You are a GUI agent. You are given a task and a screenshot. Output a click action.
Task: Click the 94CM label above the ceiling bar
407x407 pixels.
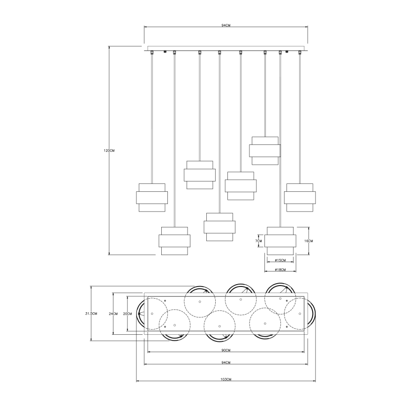[225, 25]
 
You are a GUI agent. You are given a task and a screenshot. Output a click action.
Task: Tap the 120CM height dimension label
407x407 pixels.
[109, 151]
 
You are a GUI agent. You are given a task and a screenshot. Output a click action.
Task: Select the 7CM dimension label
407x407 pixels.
[258, 241]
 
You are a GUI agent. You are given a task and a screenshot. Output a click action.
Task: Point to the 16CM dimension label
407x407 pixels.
[309, 241]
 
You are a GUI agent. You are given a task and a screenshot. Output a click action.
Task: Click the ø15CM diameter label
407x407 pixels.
[279, 260]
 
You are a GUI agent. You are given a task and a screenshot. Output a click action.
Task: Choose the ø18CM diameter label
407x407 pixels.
[279, 270]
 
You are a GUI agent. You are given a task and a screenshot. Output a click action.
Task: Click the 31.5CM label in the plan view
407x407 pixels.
[90, 313]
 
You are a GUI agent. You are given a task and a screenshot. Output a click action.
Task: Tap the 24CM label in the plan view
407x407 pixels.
[113, 313]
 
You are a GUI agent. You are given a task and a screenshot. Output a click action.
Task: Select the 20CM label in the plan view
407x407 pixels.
[127, 313]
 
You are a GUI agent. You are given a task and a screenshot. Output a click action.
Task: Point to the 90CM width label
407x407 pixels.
[225, 350]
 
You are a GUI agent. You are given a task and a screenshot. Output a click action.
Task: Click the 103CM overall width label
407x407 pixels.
[226, 379]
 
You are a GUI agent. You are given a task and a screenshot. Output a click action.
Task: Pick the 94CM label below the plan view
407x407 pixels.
[225, 363]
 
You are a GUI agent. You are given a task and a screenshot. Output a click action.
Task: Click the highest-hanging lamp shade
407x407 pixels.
[265, 151]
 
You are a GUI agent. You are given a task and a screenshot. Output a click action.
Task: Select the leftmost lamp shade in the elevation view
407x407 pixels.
[151, 197]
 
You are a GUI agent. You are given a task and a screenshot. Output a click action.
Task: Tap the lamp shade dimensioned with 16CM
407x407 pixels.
[280, 241]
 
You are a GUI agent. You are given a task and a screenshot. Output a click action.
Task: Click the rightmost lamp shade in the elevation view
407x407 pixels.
[300, 197]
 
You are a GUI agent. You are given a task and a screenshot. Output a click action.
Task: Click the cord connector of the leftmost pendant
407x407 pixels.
[151, 53]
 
